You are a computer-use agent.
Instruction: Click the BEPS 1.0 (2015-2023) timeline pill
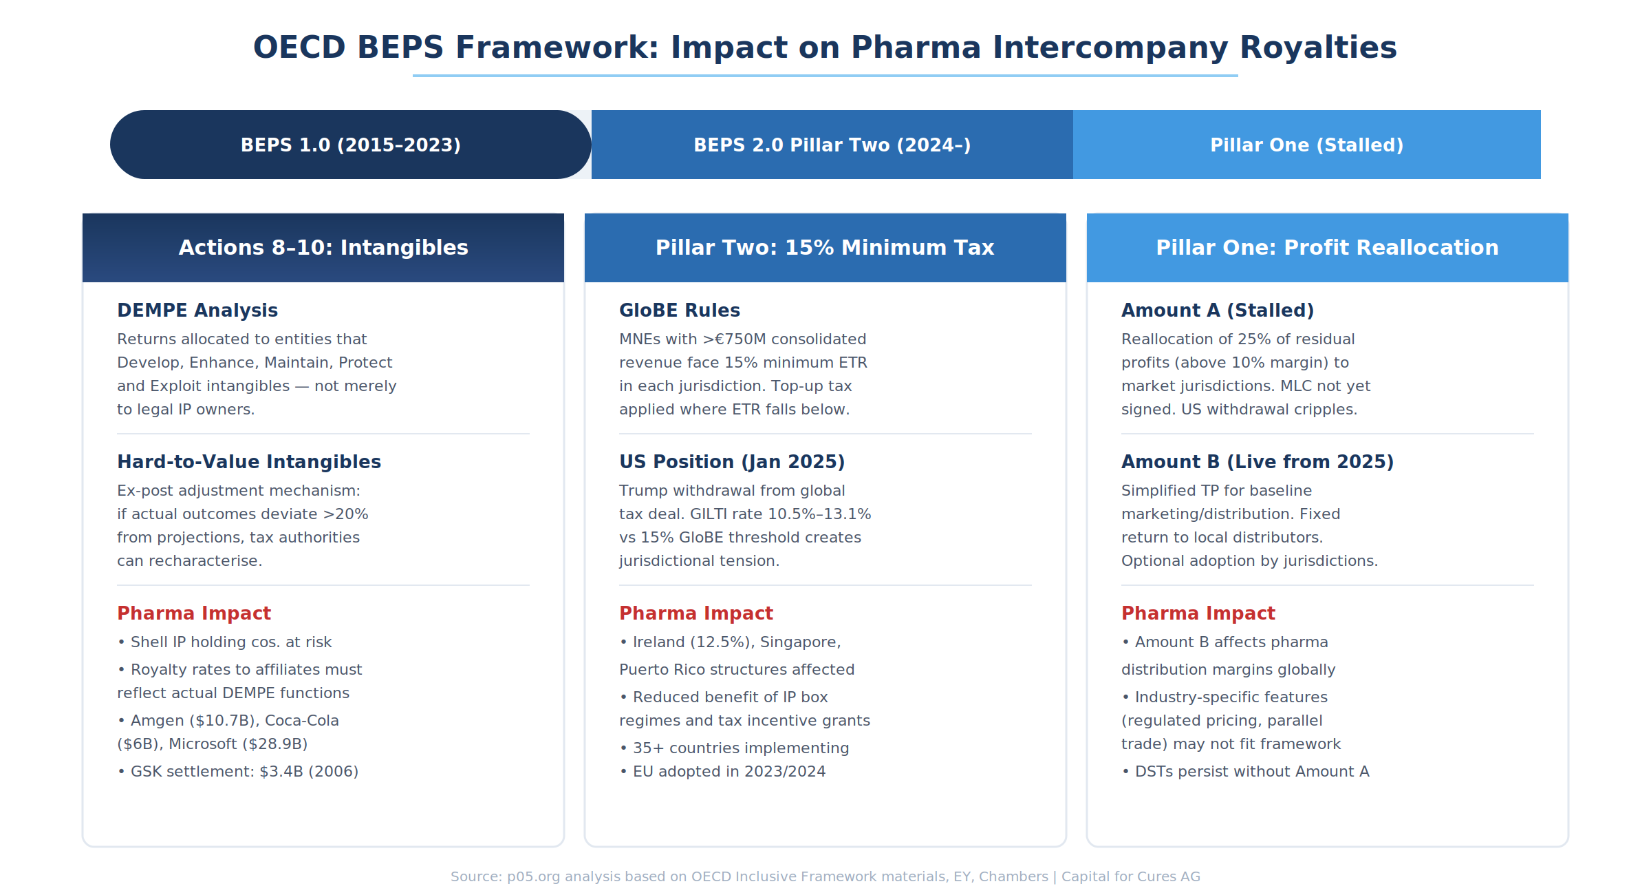pyautogui.click(x=351, y=145)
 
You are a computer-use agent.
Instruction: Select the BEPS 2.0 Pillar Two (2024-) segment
pyautogui.click(x=832, y=145)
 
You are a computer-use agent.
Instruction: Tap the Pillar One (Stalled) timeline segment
pyautogui.click(x=1307, y=145)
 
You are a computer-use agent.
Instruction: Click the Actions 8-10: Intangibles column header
pyautogui.click(x=323, y=248)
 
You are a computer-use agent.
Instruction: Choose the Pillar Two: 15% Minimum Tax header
pyautogui.click(x=825, y=248)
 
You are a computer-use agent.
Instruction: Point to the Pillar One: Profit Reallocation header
pyautogui.click(x=1328, y=248)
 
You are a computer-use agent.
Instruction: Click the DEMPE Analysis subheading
pyautogui.click(x=197, y=310)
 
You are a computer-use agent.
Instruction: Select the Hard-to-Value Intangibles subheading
pyautogui.click(x=249, y=462)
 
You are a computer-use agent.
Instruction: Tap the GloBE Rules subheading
pyautogui.click(x=680, y=310)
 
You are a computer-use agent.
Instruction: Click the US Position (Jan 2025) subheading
pyautogui.click(x=732, y=462)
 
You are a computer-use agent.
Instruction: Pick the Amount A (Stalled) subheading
pyautogui.click(x=1218, y=310)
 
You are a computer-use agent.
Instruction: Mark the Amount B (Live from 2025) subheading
pyautogui.click(x=1258, y=462)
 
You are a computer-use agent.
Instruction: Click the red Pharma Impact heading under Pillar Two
pyautogui.click(x=696, y=613)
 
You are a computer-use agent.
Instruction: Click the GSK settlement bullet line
pyautogui.click(x=238, y=772)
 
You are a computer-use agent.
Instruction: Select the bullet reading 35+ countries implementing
pyautogui.click(x=735, y=748)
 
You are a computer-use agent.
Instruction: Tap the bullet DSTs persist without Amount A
pyautogui.click(x=1246, y=772)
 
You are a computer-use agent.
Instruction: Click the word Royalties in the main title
pyautogui.click(x=1318, y=48)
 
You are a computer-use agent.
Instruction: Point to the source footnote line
pyautogui.click(x=825, y=876)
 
